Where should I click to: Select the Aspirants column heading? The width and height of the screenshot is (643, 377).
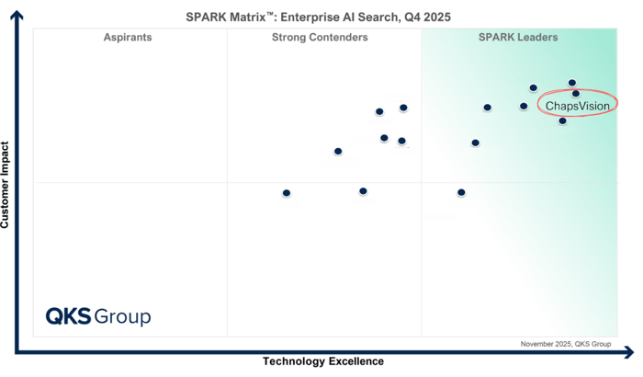pos(128,38)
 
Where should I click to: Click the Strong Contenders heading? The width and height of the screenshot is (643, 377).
pos(320,38)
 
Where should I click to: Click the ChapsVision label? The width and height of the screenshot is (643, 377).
pos(578,107)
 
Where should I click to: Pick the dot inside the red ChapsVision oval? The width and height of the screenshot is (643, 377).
pos(576,93)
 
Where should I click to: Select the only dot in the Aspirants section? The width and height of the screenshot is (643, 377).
pos(287,193)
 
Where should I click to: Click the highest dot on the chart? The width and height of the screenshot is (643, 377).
pos(572,83)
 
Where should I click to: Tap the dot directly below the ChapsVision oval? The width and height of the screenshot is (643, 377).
pos(562,120)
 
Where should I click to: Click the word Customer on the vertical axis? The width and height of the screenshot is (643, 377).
pos(6,201)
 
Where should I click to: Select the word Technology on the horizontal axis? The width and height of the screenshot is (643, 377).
pos(293,361)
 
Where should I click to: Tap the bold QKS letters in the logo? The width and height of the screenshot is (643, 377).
pos(69,317)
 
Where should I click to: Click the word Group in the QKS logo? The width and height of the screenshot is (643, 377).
pos(123,317)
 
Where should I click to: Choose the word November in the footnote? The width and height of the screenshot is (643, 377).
pos(539,344)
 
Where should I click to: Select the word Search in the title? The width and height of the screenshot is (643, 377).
pos(383,17)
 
